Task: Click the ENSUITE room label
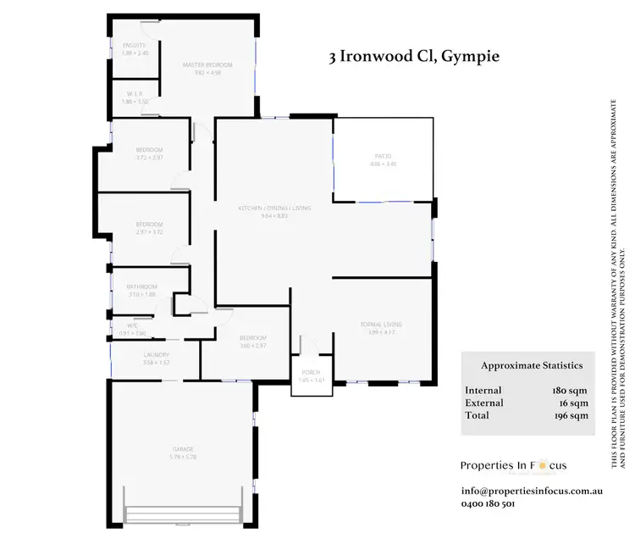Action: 135,45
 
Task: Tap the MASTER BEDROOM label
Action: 207,64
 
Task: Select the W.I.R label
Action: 135,94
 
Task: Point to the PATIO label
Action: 384,156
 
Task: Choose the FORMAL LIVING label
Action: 380,325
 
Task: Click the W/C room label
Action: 133,325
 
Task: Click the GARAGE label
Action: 184,449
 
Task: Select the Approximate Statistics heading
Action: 532,365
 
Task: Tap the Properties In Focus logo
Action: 513,464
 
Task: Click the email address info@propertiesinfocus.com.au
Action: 531,491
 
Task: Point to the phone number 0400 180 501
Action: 488,503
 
